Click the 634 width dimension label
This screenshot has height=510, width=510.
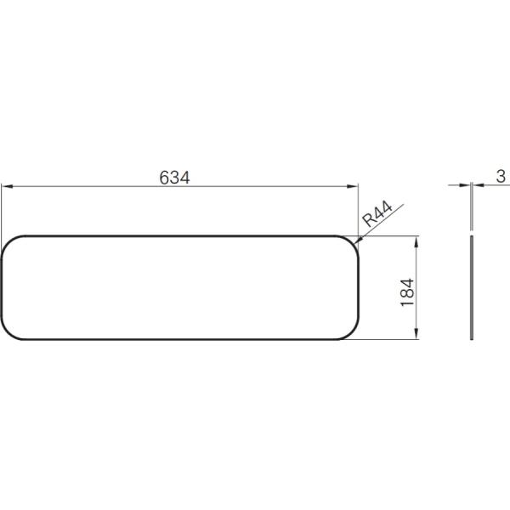point(174,178)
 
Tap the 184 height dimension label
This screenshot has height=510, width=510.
point(407,292)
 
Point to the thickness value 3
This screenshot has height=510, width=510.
point(501,177)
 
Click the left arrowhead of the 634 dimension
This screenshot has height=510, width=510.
point(7,186)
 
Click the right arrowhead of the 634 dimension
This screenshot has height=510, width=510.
point(352,186)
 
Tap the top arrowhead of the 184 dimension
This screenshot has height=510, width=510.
point(416,242)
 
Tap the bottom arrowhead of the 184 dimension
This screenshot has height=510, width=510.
point(416,333)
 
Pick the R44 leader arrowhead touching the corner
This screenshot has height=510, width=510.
point(358,240)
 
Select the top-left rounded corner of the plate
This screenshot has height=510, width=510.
point(8,242)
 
